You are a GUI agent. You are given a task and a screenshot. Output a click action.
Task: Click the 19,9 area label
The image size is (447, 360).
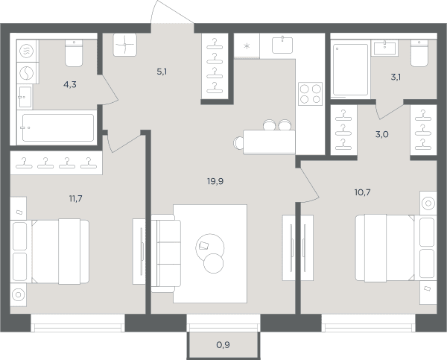click(215, 181)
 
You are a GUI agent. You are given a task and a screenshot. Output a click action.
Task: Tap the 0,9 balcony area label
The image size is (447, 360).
click(223, 345)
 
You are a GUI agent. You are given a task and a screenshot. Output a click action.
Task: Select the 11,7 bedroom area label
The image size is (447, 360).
click(75, 198)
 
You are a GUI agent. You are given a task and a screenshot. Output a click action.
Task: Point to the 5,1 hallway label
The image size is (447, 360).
click(162, 72)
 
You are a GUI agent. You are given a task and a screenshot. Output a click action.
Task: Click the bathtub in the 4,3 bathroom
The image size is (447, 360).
click(58, 127)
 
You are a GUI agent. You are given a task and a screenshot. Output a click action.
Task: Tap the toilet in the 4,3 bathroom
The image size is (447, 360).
click(74, 54)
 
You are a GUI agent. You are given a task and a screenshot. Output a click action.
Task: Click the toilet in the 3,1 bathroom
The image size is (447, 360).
click(419, 54)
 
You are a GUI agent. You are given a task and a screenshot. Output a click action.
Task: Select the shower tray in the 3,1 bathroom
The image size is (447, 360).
click(350, 69)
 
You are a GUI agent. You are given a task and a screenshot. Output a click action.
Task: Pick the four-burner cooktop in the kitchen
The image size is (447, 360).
click(310, 94)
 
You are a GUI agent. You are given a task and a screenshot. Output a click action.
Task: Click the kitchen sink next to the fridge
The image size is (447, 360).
click(282, 45)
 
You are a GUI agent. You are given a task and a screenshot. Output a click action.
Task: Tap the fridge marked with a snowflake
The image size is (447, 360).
click(247, 46)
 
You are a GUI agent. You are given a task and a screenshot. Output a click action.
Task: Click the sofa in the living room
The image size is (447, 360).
click(166, 253)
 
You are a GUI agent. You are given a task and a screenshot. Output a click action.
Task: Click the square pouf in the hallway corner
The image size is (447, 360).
click(125, 45)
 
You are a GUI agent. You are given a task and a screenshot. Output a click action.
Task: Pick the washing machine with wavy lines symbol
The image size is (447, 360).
click(27, 51)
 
